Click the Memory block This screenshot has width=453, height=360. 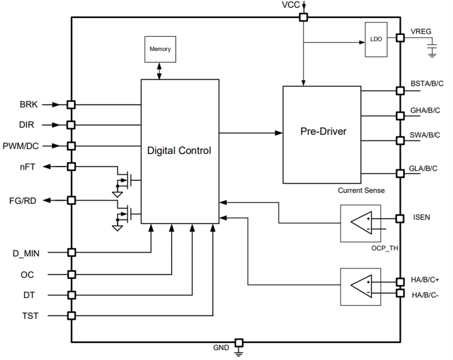tap(160, 49)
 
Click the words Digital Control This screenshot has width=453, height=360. tap(179, 151)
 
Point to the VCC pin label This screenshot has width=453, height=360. tap(292, 5)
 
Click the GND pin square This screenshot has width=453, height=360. tap(239, 342)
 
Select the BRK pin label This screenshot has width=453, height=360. tap(29, 105)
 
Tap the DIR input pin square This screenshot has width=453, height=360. tap(71, 125)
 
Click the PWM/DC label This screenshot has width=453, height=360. tap(24, 145)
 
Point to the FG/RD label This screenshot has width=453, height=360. tap(23, 200)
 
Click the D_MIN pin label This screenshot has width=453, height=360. tap(26, 253)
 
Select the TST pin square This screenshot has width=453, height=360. tap(71, 315)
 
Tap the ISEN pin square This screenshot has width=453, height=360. tap(399, 218)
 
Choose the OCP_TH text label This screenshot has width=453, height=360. tap(385, 248)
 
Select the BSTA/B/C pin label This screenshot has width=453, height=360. tap(426, 84)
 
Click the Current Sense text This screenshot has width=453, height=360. tap(361, 190)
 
